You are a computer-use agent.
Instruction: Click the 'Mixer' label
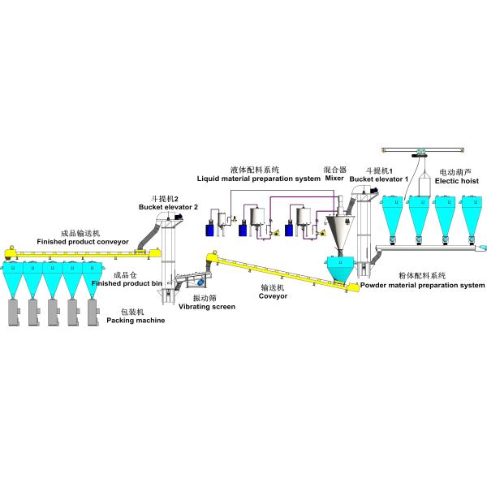(x=334, y=179)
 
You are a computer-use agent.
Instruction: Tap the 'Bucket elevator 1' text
(x=378, y=179)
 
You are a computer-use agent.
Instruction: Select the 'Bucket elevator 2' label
(x=168, y=207)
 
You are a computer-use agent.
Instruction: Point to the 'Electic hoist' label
(x=456, y=181)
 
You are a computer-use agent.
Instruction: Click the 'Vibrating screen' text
(x=207, y=307)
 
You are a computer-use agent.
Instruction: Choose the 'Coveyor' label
(x=273, y=296)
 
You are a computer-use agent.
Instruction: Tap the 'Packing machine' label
(x=136, y=321)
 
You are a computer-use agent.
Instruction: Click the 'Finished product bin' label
(x=127, y=283)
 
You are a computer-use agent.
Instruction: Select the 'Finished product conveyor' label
(x=83, y=242)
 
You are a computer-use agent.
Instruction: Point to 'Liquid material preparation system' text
(x=259, y=179)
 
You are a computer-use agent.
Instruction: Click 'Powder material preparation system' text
(x=422, y=285)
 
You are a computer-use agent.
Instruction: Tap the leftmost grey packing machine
(x=15, y=312)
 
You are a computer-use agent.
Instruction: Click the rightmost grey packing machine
(x=93, y=312)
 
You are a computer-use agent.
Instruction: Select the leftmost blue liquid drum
(x=210, y=230)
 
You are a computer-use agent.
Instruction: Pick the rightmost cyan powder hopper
(x=472, y=217)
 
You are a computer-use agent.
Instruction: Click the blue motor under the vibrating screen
(x=200, y=282)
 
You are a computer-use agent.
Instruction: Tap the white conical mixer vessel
(x=339, y=231)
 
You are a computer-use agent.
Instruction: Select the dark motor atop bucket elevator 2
(x=179, y=217)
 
